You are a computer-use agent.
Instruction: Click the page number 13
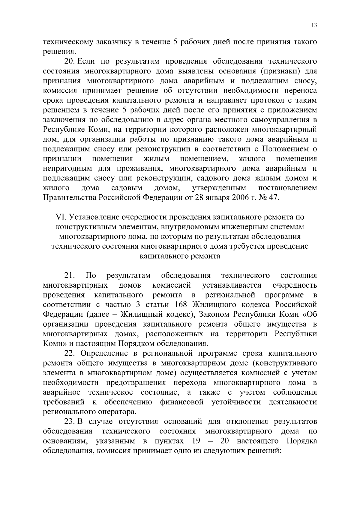coord(314,25)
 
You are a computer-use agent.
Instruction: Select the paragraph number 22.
coord(70,353)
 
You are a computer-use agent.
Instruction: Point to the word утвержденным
coord(219,188)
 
